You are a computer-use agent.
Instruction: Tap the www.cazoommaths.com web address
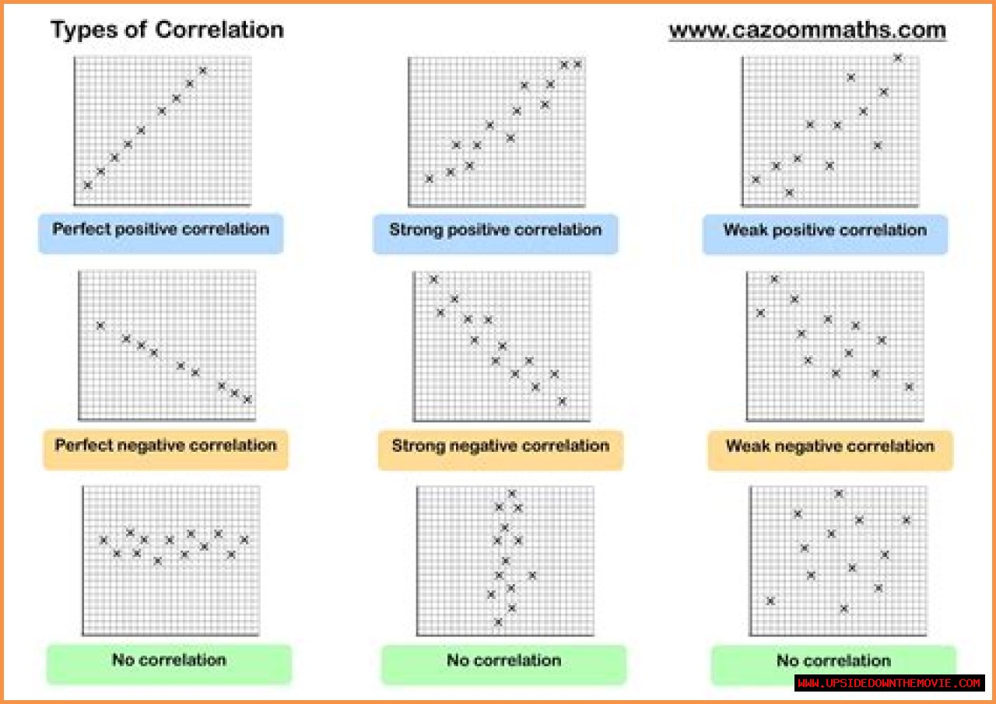[x=807, y=30]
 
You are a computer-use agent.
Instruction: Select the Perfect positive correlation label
[x=161, y=230]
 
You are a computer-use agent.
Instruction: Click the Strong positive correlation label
[x=495, y=230]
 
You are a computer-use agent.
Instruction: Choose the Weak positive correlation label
[x=825, y=230]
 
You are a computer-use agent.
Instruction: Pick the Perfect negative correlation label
[x=166, y=446]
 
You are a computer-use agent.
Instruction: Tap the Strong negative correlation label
[x=500, y=447]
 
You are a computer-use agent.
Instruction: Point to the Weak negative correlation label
[x=829, y=447]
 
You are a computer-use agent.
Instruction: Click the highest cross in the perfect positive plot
[x=203, y=71]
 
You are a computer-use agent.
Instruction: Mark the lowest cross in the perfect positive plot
[x=87, y=185]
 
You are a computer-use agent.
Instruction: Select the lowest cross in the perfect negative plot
[x=247, y=399]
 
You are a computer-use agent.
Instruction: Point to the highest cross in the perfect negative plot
[x=100, y=325]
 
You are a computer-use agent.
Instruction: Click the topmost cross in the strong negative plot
[x=433, y=279]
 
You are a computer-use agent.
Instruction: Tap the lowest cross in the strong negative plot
[x=562, y=401]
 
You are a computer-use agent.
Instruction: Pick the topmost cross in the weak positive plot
[x=897, y=58]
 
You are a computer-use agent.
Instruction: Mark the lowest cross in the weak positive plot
[x=789, y=192]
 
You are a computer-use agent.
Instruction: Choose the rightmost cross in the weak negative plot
[x=908, y=387]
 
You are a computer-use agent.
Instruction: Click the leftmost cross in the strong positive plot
[x=429, y=179]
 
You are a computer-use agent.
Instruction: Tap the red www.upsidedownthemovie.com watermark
[x=889, y=683]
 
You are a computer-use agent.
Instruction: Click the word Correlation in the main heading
[x=219, y=30]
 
